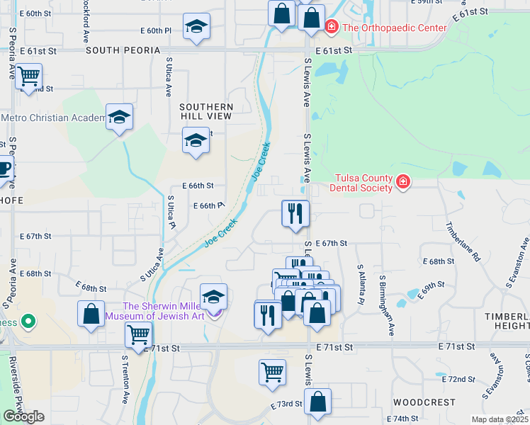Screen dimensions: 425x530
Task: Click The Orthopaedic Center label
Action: coord(395,28)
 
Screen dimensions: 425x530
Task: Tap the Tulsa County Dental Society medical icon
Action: coord(403,183)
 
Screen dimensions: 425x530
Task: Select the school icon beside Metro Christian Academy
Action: coord(119,117)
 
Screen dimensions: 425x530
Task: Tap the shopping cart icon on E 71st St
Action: coord(138,334)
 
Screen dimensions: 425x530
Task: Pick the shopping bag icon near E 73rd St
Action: coord(318,402)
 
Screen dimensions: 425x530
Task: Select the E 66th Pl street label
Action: coord(209,205)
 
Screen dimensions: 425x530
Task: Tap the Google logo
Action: coord(23,417)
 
